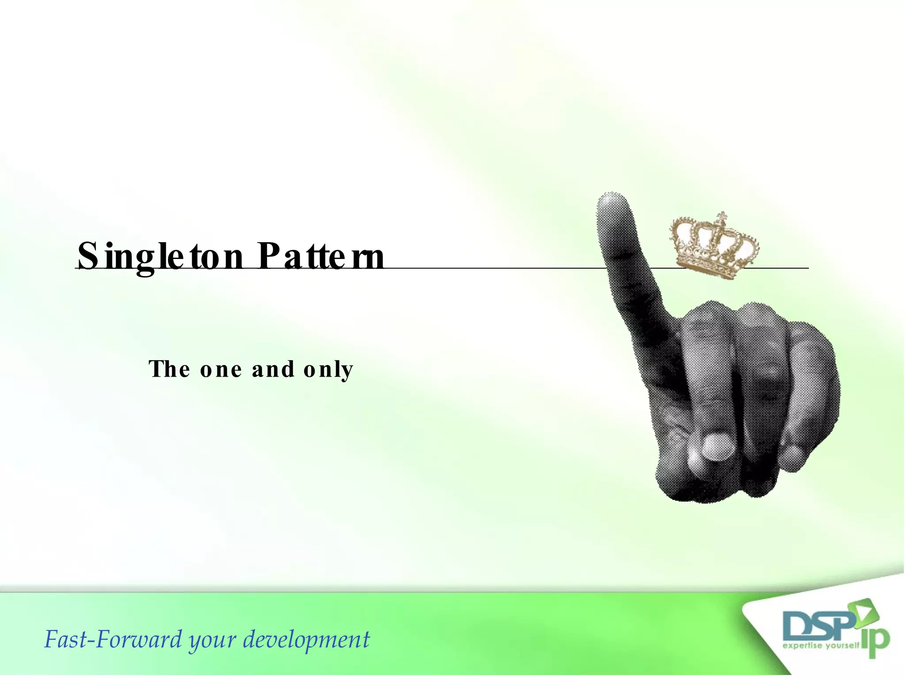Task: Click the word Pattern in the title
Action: pyautogui.click(x=321, y=256)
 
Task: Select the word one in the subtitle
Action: pyautogui.click(x=221, y=370)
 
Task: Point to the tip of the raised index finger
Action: pyautogui.click(x=612, y=202)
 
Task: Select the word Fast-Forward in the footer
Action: pyautogui.click(x=113, y=640)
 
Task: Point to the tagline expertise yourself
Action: pyautogui.click(x=821, y=646)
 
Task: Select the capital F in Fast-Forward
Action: pyautogui.click(x=52, y=639)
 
